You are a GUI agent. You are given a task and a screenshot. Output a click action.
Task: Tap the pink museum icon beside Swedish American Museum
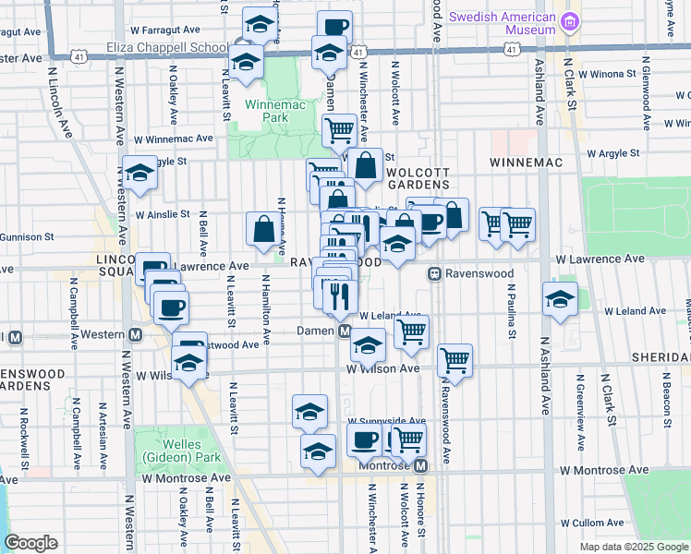click(x=572, y=19)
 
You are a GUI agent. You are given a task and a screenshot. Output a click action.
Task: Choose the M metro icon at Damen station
click(x=344, y=331)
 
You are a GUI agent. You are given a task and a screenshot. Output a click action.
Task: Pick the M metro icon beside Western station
click(x=135, y=333)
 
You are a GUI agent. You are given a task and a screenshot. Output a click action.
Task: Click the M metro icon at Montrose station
click(x=420, y=466)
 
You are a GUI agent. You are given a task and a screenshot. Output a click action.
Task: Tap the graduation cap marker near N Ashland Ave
click(x=559, y=299)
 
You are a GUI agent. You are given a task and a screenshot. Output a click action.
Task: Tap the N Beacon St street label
click(x=664, y=403)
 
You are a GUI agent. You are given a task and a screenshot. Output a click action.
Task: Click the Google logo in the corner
click(x=30, y=542)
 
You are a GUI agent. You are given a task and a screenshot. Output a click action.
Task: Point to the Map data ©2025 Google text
click(x=633, y=547)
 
